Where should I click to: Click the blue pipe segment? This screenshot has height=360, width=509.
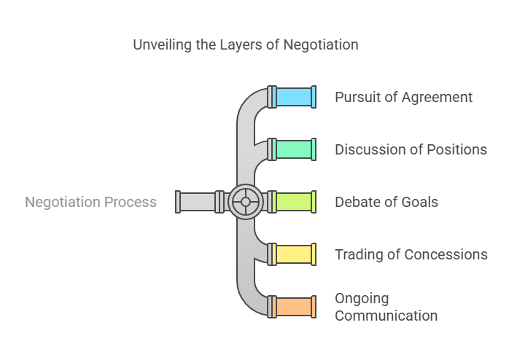(x=293, y=97)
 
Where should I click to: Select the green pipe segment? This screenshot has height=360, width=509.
(x=293, y=149)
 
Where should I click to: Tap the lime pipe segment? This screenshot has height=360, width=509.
(x=293, y=202)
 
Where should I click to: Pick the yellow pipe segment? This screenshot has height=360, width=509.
(x=293, y=254)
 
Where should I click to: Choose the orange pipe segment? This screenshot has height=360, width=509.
(x=293, y=307)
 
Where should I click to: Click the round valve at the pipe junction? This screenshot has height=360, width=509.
(x=246, y=202)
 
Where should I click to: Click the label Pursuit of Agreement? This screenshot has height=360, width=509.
(x=403, y=97)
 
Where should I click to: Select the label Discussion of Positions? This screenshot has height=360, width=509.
(x=411, y=149)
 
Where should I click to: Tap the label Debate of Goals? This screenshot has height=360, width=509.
(x=386, y=202)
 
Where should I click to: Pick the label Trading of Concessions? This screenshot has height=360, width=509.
(x=411, y=254)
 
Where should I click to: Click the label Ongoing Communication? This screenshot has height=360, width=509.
(x=386, y=307)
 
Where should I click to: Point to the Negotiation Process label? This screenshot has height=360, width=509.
(x=90, y=202)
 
